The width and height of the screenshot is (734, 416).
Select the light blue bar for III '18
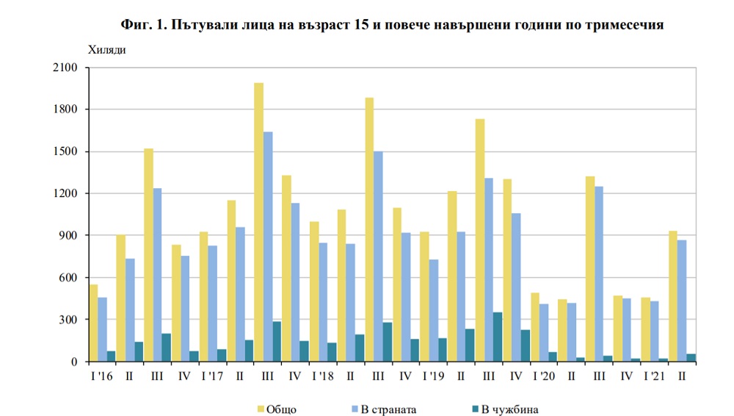tap(377, 257)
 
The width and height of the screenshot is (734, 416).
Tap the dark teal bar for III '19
tap(498, 337)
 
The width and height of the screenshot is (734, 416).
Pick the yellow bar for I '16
tap(93, 323)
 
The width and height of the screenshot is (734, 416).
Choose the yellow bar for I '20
tap(534, 327)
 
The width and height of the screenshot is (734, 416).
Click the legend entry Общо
tap(278, 409)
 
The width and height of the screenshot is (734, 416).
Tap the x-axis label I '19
tap(432, 375)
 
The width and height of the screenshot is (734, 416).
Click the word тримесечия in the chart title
tap(623, 25)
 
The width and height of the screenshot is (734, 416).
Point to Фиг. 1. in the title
tap(144, 25)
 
